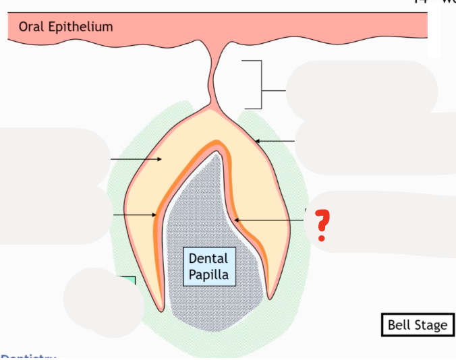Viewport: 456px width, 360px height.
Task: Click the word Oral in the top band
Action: point(30,27)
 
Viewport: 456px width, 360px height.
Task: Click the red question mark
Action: point(322,226)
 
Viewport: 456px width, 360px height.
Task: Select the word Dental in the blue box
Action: point(208,258)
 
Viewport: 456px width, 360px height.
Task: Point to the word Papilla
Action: point(208,275)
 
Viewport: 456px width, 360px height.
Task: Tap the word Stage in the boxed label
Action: point(431,325)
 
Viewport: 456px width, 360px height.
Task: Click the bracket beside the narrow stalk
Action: point(256,84)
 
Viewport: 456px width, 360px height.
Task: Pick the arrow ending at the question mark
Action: point(270,220)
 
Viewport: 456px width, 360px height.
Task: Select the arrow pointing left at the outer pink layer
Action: point(275,141)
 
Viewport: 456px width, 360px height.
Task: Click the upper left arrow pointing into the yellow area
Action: point(136,159)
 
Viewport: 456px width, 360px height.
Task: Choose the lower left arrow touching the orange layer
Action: point(135,215)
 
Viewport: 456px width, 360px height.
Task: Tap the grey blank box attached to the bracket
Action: point(361,90)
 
